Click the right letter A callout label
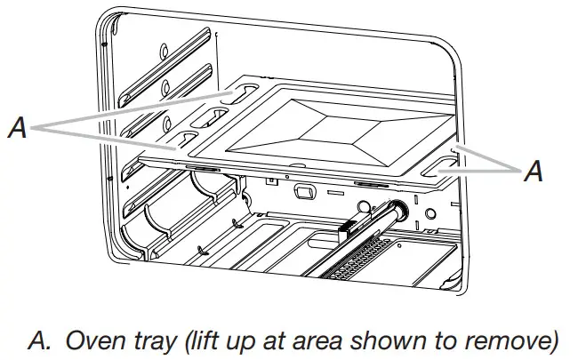[534, 172]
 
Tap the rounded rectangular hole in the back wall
[303, 191]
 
